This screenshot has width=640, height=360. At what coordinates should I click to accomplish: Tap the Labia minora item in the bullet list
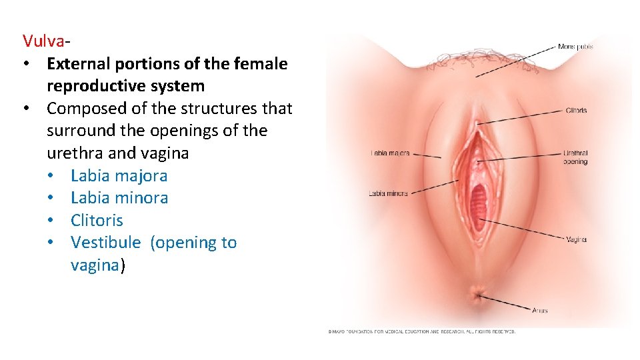point(119,198)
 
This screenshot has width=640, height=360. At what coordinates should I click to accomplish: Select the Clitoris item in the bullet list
point(97,220)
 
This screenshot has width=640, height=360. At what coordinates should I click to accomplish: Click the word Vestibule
point(105,243)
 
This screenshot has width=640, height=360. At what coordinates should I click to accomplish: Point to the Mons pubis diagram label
point(575,47)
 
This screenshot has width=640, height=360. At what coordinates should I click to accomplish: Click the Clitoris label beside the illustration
point(576,110)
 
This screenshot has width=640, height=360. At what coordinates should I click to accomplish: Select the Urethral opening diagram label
point(575,157)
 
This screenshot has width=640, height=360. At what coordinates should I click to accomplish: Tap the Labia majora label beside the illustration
point(389,153)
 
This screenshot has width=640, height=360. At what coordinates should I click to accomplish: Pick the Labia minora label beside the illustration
point(388,194)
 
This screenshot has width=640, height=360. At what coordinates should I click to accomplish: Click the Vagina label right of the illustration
point(576,239)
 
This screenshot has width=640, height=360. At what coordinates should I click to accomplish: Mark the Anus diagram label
point(540,310)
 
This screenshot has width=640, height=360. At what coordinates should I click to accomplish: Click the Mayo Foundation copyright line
point(421,331)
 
